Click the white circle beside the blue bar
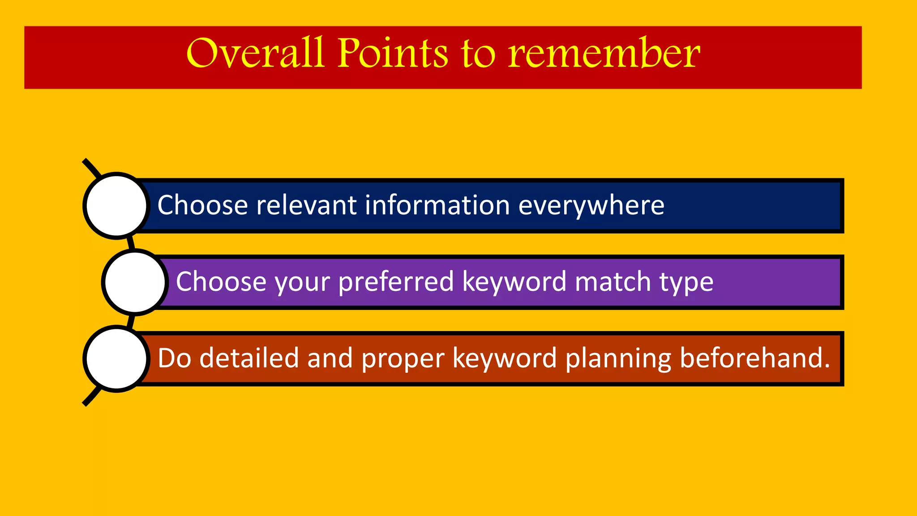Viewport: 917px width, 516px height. tap(116, 206)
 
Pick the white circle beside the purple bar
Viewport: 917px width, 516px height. tap(135, 282)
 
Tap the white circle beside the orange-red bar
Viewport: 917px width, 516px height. tap(116, 359)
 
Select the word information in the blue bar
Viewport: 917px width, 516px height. tap(437, 206)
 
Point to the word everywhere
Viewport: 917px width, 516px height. tap(591, 206)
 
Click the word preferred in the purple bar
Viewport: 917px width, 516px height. tap(396, 282)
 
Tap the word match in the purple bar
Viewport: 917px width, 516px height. tap(613, 282)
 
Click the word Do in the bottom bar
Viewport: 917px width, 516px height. tap(175, 358)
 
